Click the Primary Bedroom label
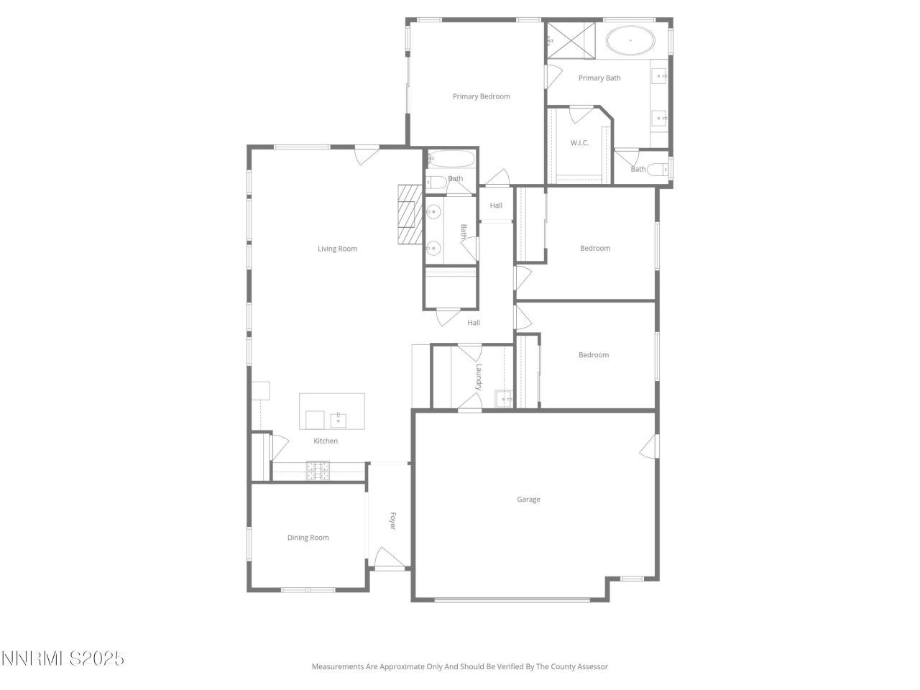[x=481, y=96]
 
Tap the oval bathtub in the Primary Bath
[x=630, y=40]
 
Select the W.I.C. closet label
[x=579, y=143]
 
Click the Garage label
[x=528, y=500]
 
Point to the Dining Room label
[x=308, y=538]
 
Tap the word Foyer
[x=392, y=521]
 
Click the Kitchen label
[x=325, y=441]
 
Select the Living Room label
[x=337, y=249]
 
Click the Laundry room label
[x=478, y=377]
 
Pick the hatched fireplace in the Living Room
[x=410, y=214]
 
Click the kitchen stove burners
[x=318, y=470]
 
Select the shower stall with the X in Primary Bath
[x=571, y=39]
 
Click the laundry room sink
[x=503, y=398]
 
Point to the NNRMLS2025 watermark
[x=63, y=658]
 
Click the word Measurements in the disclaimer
[x=337, y=667]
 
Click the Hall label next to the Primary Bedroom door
[x=496, y=206]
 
